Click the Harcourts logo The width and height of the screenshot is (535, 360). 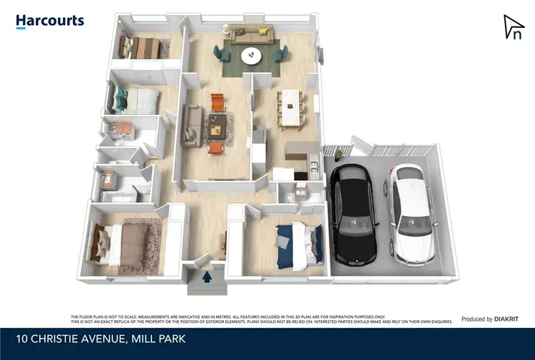coord(50,21)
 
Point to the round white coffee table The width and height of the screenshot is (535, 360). coord(251,56)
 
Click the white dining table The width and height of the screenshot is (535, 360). coord(292,106)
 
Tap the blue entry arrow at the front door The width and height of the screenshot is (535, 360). coord(208,277)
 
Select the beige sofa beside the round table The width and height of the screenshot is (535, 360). coord(252,33)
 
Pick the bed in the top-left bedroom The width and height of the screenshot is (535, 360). coord(142,48)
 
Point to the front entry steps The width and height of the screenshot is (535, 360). coord(208,287)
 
